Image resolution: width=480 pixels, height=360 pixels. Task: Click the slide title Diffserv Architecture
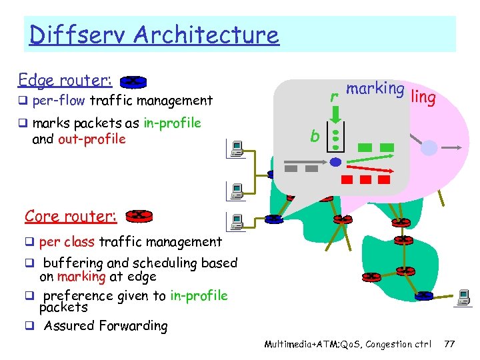154,35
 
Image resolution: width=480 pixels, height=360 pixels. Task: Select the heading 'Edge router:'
65,80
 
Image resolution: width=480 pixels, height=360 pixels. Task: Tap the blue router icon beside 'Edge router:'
133,82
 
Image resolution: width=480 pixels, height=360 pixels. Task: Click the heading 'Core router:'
71,216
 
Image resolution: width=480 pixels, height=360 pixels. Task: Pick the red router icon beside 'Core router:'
139,215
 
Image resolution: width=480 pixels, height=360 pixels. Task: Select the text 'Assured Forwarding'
105,326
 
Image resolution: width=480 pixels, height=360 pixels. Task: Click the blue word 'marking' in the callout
375,89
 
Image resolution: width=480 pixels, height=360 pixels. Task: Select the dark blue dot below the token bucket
336,162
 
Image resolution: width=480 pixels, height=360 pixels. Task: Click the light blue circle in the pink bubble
429,147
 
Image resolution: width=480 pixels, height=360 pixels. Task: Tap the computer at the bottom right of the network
464,297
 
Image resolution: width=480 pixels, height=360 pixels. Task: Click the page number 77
449,344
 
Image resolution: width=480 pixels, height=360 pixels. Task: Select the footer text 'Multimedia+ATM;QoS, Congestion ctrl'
347,344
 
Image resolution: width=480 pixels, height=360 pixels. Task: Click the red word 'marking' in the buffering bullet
81,277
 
